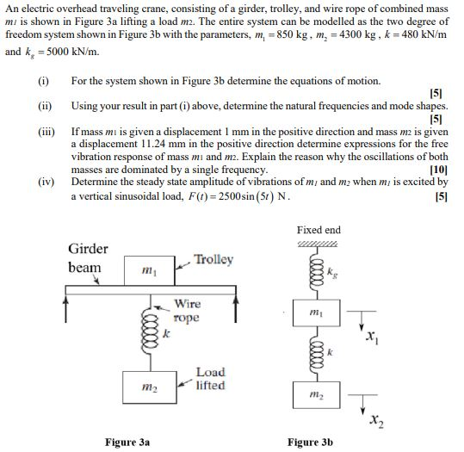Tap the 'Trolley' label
click(x=213, y=260)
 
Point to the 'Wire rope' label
click(x=188, y=310)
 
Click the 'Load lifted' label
click(x=210, y=379)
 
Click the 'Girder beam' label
click(x=88, y=257)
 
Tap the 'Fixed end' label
click(x=319, y=230)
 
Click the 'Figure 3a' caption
click(x=127, y=442)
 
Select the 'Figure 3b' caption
click(x=310, y=442)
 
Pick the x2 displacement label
click(x=375, y=421)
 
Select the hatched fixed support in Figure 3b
click(x=319, y=244)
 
